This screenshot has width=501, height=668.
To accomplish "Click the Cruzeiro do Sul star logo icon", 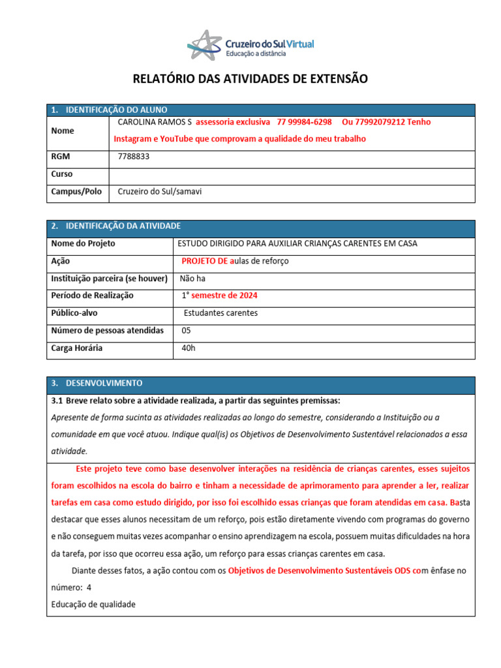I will point(204,44).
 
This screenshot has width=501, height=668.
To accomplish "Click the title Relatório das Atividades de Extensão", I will point(250,79).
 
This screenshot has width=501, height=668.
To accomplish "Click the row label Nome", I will point(63,130).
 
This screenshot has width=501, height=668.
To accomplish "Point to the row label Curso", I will point(62,174).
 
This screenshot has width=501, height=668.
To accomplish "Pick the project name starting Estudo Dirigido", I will point(297,243).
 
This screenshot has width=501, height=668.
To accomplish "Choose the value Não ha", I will point(194,278).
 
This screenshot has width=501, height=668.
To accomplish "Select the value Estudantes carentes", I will point(220,313).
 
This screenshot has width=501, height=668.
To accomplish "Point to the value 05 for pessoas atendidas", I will point(187,331).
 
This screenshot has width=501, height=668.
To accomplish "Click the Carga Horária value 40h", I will point(189,348).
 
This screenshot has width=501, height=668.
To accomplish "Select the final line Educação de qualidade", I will point(93,605).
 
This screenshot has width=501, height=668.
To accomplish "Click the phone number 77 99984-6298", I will point(304,122).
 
